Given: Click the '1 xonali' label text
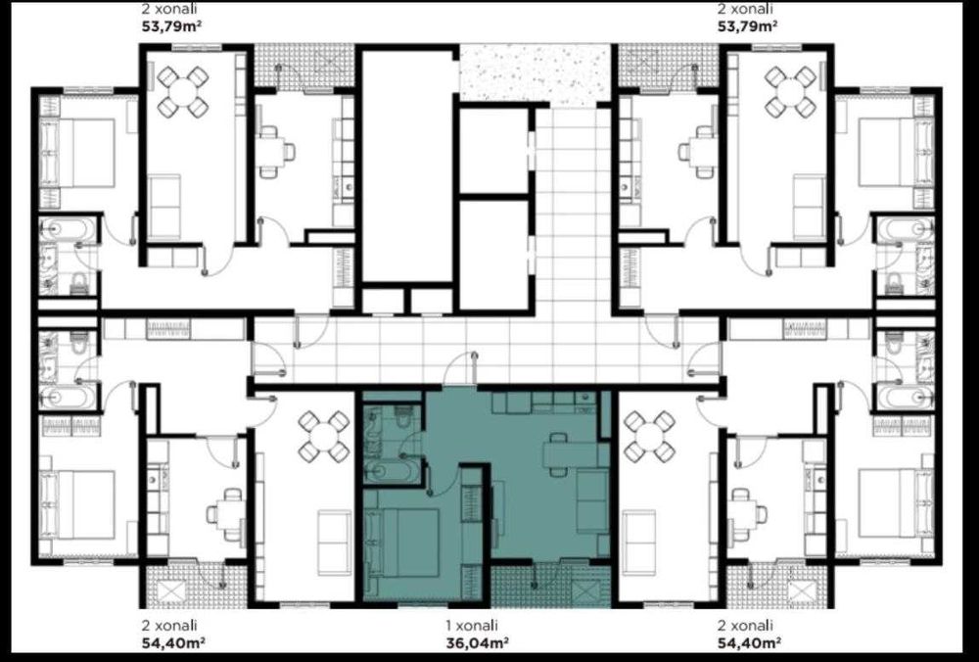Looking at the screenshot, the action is pyautogui.click(x=472, y=625).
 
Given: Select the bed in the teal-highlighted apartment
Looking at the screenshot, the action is pyautogui.click(x=404, y=543).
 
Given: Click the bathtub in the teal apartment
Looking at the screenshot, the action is pyautogui.click(x=391, y=471).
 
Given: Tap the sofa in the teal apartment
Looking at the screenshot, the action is pyautogui.click(x=592, y=500).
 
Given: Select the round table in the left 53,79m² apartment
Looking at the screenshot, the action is pyautogui.click(x=183, y=92).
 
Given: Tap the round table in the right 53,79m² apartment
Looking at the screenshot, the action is pyautogui.click(x=790, y=92).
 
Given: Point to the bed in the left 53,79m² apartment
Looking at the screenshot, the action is pyautogui.click(x=77, y=153).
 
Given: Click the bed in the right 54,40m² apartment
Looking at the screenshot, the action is pyautogui.click(x=896, y=503).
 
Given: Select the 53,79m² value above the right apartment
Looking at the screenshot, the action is pyautogui.click(x=748, y=26).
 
